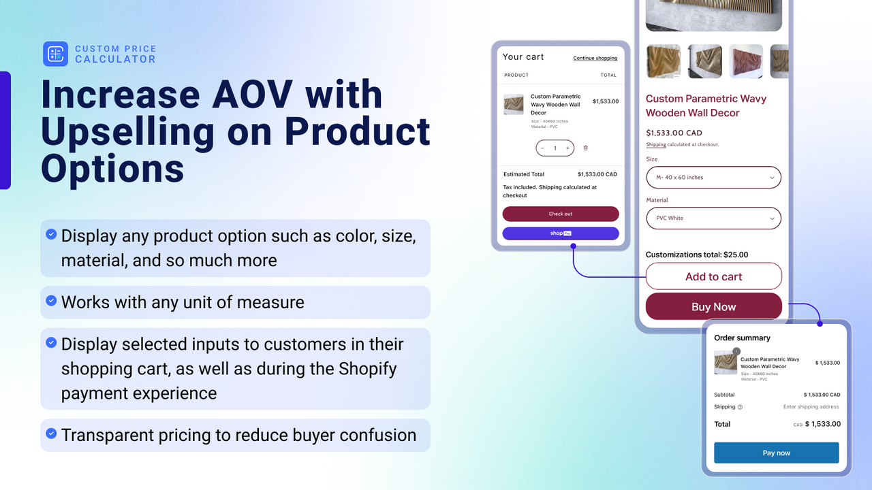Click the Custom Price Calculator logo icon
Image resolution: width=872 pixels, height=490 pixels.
(55, 54)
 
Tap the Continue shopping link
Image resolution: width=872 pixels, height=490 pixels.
(595, 58)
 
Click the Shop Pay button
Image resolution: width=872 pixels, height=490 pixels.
(561, 233)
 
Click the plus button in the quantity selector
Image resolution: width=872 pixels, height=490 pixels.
(567, 148)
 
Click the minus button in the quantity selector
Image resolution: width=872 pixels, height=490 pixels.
(542, 148)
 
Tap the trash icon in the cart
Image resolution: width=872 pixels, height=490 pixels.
(585, 148)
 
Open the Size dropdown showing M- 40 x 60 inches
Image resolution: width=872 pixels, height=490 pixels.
(713, 177)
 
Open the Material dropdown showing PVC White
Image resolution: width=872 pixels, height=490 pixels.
(713, 218)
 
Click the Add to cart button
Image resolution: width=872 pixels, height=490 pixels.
(713, 276)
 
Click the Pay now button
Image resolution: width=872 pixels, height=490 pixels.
(776, 453)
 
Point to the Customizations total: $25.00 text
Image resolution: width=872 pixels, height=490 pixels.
(696, 255)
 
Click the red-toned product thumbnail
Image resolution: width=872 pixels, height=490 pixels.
(746, 61)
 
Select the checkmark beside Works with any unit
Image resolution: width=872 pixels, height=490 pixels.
(51, 301)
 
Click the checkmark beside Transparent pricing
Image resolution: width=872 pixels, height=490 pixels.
(51, 434)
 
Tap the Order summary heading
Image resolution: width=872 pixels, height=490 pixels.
(742, 338)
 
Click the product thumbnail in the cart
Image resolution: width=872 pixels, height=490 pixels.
(514, 104)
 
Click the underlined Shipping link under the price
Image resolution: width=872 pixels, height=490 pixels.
(656, 145)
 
